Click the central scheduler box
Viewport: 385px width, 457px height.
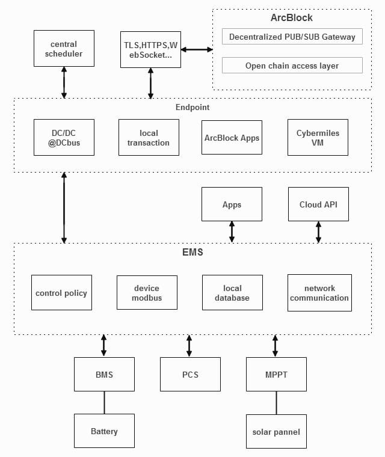[x=64, y=49]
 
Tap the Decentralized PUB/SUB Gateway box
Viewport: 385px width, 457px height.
[x=292, y=37]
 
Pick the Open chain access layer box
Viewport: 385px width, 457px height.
[x=292, y=66]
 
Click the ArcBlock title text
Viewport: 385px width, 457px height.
[x=292, y=18]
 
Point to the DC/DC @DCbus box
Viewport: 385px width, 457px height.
[x=64, y=137]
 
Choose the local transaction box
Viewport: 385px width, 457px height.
[x=149, y=137]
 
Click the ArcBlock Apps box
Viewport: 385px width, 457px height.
[x=232, y=137]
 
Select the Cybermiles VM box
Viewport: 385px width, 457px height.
[x=318, y=137]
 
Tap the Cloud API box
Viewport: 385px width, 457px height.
[x=318, y=204]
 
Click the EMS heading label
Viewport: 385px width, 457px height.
[x=192, y=253]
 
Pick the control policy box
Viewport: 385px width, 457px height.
[x=61, y=293]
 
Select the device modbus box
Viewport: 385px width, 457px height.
[x=147, y=293]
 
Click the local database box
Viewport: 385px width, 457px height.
[x=232, y=293]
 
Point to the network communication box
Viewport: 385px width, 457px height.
[x=319, y=293]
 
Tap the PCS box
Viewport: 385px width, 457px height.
[x=190, y=375]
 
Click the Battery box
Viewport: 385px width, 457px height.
[x=104, y=431]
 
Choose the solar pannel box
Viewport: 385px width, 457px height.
[x=276, y=431]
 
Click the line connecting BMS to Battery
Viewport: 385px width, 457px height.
[x=104, y=402]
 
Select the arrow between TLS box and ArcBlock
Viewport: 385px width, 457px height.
[x=196, y=49]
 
